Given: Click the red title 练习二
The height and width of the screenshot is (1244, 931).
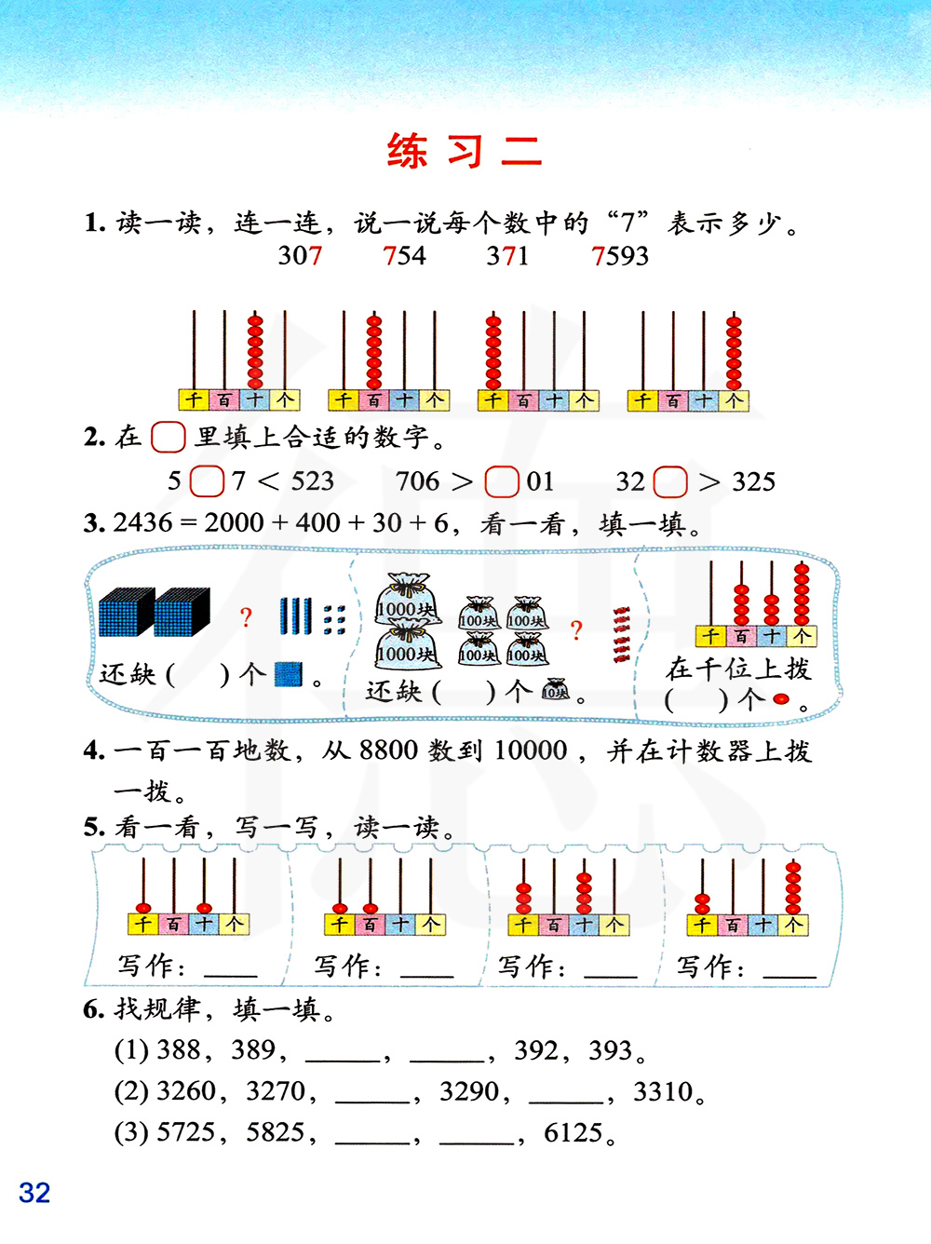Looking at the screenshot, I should [464, 151].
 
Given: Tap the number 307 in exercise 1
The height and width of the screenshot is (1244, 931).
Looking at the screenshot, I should [300, 256].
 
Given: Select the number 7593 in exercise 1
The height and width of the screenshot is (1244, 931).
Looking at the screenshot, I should [620, 256].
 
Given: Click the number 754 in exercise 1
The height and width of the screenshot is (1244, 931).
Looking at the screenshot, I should [404, 256].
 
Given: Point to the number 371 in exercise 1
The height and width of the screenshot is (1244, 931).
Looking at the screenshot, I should [507, 256].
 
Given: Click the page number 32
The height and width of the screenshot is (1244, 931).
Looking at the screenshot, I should [34, 1193].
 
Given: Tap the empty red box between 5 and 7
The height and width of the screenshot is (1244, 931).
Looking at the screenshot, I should [207, 481].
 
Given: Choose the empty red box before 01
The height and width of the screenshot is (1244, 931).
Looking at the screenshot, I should [502, 481].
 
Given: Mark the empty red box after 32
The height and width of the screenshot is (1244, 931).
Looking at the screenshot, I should [670, 481].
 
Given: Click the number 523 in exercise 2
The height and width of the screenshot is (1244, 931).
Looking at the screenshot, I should [312, 481].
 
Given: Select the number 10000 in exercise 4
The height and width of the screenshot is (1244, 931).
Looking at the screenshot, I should [531, 750].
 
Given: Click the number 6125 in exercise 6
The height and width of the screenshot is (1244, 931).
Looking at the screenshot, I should [573, 1133].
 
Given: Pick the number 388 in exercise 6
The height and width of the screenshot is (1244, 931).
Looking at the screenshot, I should [179, 1050].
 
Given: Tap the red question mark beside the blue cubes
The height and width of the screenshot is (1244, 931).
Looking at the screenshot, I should [246, 617].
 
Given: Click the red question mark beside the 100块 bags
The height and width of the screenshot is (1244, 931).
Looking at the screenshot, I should [576, 630].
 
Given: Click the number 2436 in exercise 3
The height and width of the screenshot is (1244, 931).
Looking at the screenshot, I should [142, 523].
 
